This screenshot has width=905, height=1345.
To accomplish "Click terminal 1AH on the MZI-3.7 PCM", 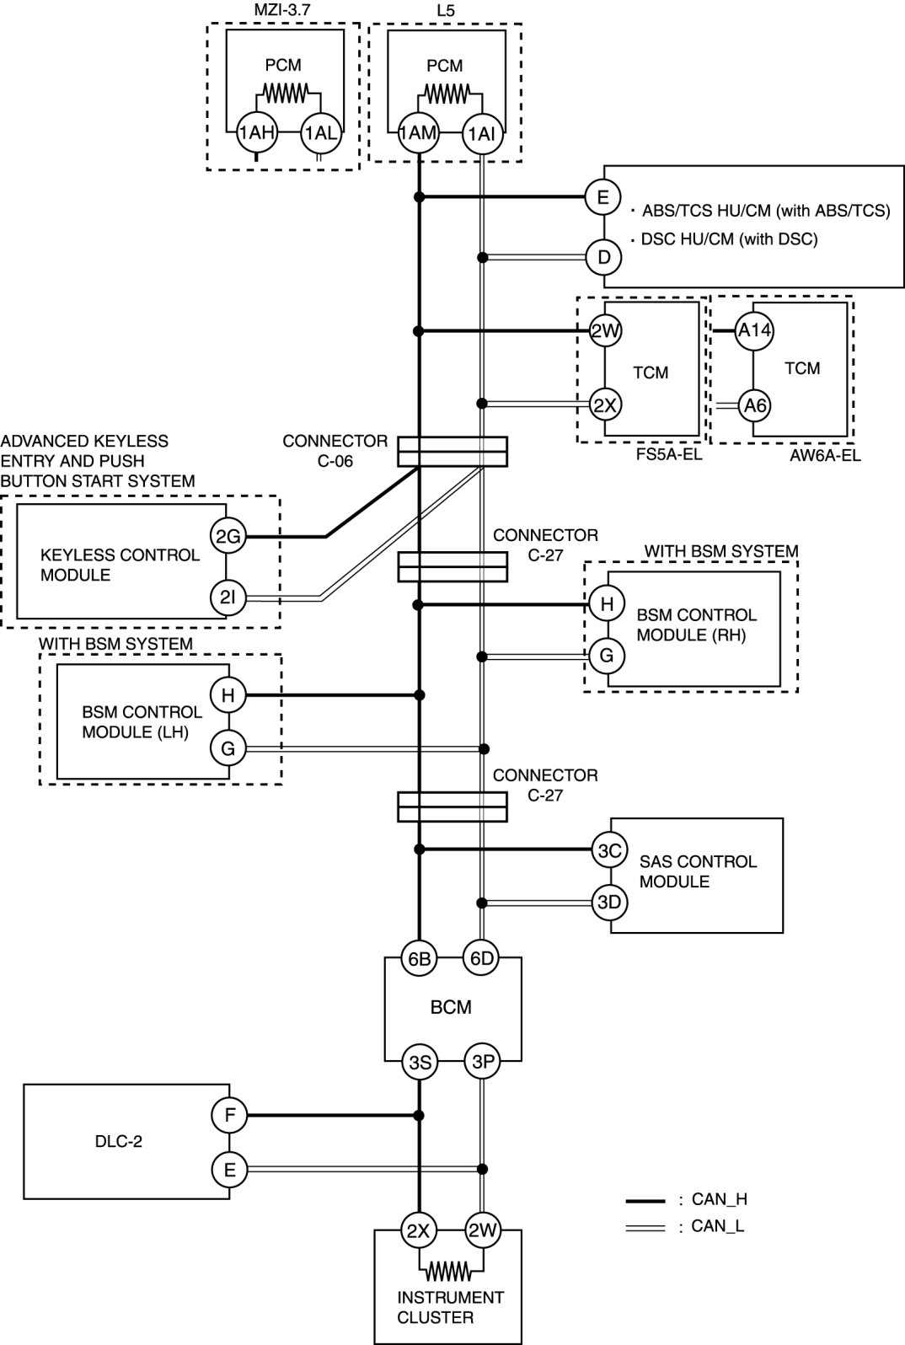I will coord(255,132).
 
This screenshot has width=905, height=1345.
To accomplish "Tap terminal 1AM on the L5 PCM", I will coord(418,132).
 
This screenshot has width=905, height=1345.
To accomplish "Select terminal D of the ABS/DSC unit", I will coord(603,257).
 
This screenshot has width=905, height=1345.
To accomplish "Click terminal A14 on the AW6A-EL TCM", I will coord(754,330).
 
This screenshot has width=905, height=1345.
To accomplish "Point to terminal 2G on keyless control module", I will coord(228,536).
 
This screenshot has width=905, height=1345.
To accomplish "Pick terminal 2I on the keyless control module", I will coord(228,598).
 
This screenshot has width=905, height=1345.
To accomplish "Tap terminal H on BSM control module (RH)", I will coord(606,603).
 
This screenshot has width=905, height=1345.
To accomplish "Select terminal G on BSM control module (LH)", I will coord(228,748).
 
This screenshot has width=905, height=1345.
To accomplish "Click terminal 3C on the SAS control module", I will coord(609,851).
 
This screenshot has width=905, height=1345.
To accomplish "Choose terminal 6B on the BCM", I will coord(419,958).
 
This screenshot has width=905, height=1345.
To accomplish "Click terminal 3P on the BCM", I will coord(482,1063).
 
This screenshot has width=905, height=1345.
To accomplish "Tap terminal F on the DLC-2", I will coord(229,1116).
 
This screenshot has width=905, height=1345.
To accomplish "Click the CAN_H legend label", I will coord(719,1199).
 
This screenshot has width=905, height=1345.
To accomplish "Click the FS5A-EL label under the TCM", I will coord(670,456).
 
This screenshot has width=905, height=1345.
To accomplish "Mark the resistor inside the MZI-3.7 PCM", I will coord(286,90).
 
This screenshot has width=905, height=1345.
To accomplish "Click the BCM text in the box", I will coord(451,1007).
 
